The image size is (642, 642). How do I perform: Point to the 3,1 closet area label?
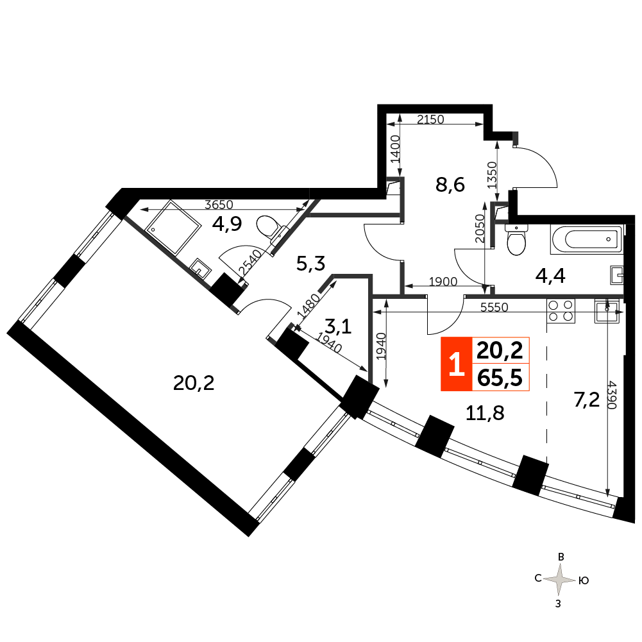point(338,327)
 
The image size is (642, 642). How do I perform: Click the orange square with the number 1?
point(456,364)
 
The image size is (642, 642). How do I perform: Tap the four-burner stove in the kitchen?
point(560,310)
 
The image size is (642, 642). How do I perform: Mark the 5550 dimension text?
point(494,307)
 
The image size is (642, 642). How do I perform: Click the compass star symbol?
point(561,580)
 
